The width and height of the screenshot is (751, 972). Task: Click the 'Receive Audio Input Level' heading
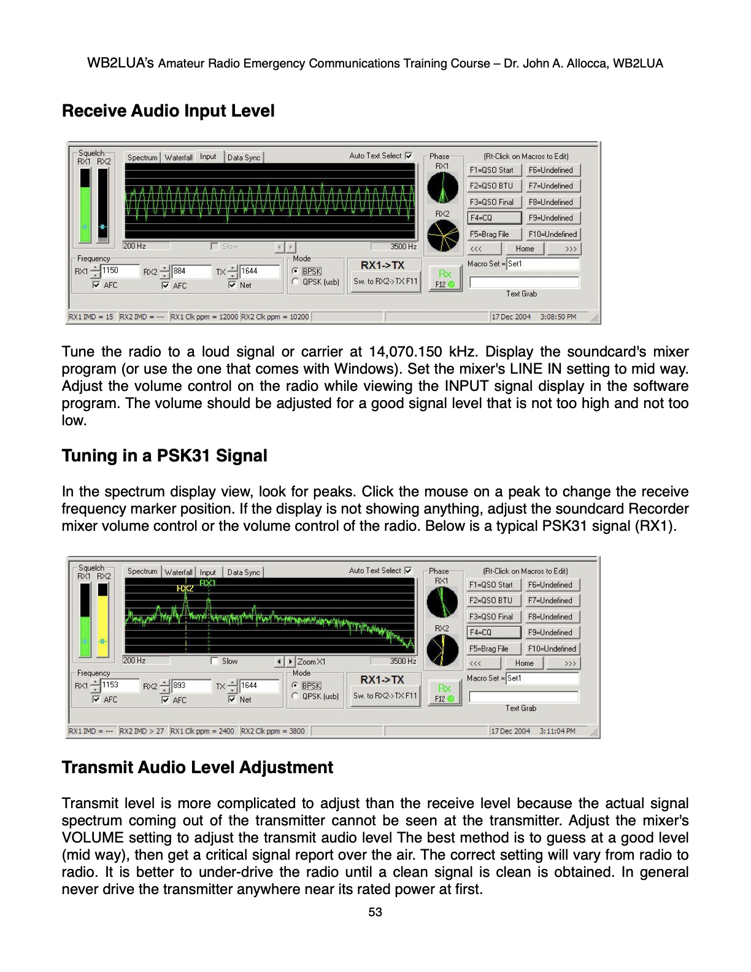tap(168, 111)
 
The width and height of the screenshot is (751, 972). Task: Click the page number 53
tap(375, 912)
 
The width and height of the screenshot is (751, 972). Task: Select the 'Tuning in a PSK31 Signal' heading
tap(164, 456)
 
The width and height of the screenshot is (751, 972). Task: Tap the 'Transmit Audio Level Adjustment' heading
tap(197, 768)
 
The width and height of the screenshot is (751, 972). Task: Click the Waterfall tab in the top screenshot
tap(179, 158)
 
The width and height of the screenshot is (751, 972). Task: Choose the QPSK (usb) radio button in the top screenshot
tap(296, 282)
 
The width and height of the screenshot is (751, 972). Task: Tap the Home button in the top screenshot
tap(525, 249)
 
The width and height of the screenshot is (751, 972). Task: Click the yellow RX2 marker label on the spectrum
tap(185, 588)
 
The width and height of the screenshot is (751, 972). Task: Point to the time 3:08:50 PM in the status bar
tap(558, 317)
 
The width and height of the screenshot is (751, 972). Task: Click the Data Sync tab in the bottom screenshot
tap(244, 572)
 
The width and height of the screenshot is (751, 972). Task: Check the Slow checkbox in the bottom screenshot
tap(214, 661)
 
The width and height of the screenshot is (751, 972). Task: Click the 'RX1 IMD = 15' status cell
tap(91, 317)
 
